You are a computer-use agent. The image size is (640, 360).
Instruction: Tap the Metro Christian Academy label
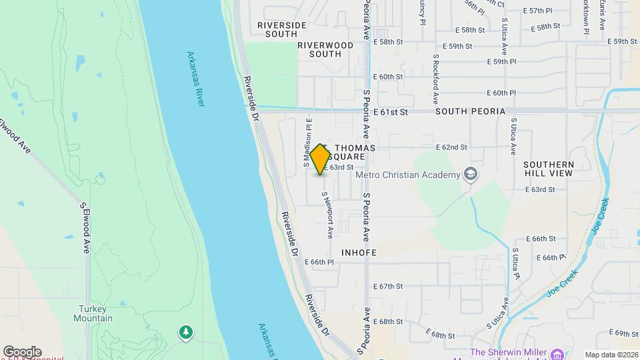pyautogui.click(x=408, y=175)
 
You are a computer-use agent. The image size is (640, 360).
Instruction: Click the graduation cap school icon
pyautogui.click(x=472, y=175)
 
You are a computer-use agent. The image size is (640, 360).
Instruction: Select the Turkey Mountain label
pyautogui.click(x=95, y=313)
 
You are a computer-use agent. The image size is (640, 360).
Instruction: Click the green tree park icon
pyautogui.click(x=185, y=331)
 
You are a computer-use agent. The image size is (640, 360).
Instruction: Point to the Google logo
pyautogui.click(x=22, y=352)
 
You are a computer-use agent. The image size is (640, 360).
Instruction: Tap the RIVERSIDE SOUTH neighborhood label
pyautogui.click(x=282, y=29)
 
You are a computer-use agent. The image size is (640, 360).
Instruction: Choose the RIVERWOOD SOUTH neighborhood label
pyautogui.click(x=325, y=49)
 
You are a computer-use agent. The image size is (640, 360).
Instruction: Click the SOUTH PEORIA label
pyautogui.click(x=470, y=112)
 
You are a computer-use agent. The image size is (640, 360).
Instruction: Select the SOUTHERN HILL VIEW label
pyautogui.click(x=548, y=169)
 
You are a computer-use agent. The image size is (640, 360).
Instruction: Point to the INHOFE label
pyautogui.click(x=359, y=253)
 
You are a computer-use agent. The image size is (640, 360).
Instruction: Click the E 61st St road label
pyautogui.click(x=390, y=112)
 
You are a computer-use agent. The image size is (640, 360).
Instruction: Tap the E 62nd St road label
pyautogui.click(x=451, y=147)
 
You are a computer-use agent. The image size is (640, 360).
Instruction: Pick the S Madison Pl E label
pyautogui.click(x=307, y=142)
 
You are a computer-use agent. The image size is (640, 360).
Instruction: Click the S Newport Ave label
pyautogui.click(x=327, y=215)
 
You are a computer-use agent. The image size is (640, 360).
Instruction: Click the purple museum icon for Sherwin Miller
pyautogui.click(x=557, y=353)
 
